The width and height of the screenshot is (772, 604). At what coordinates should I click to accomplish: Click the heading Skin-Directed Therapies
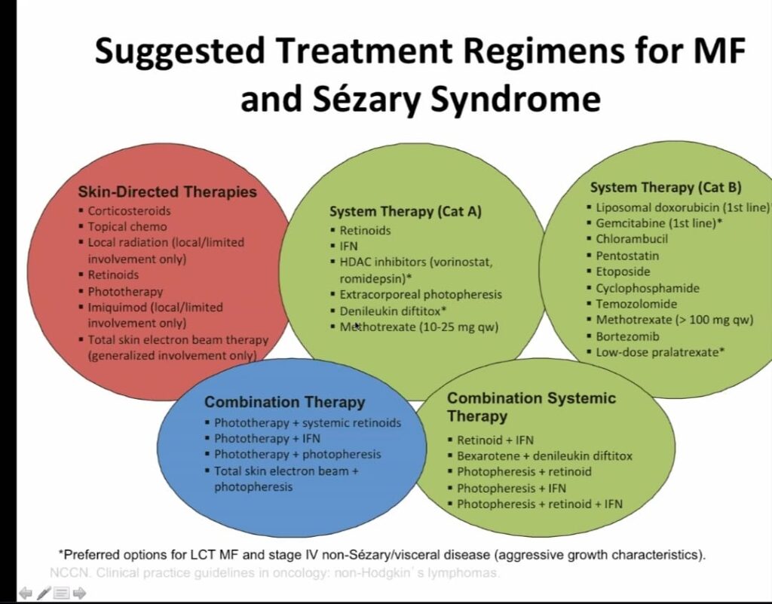coord(167,192)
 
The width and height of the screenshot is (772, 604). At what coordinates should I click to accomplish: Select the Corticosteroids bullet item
coord(129,210)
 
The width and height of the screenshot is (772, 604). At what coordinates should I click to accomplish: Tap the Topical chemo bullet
coord(127,226)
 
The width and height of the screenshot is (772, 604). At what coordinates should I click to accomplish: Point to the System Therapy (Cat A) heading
coord(405,211)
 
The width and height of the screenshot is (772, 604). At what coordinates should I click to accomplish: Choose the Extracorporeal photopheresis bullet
coord(420,294)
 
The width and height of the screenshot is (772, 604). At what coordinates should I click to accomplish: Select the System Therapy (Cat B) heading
coord(666,187)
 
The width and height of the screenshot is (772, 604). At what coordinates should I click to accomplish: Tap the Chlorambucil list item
coord(632,238)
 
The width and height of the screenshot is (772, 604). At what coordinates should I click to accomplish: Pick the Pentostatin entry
coord(627,255)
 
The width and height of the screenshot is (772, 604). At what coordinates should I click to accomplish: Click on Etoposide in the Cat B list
coord(623,271)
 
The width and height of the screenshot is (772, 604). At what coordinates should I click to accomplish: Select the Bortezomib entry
coord(627,336)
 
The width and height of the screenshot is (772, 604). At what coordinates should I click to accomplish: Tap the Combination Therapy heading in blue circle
coord(284,402)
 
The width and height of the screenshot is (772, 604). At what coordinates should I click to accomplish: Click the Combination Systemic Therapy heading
coord(531,406)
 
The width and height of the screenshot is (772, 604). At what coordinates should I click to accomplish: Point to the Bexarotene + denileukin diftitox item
coord(544,455)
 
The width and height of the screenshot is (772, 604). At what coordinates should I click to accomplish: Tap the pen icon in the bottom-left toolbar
coord(44,593)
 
